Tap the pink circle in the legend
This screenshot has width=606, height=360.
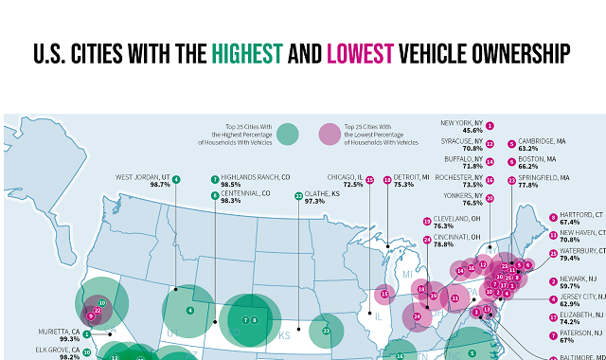330,135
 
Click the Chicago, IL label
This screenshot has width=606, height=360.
343,177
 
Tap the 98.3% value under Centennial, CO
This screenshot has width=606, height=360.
231,201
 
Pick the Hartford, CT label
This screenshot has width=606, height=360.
580,215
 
